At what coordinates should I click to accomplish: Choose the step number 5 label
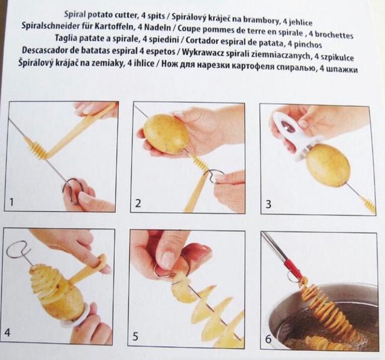coord(138,337)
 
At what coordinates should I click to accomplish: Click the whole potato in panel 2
coord(166,133)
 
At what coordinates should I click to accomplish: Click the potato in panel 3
coord(328,165)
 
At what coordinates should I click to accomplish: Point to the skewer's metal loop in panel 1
coord(73,188)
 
